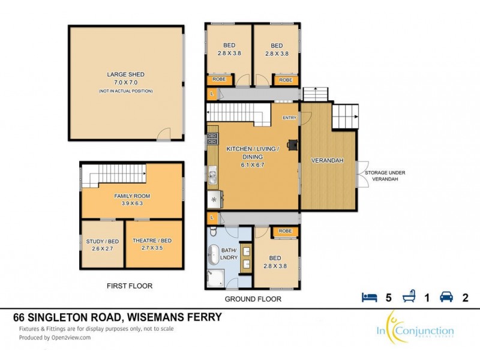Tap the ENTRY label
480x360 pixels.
(x=289, y=118)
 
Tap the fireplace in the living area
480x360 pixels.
(x=292, y=144)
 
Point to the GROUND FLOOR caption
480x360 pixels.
(x=253, y=299)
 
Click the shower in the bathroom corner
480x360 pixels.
(x=215, y=277)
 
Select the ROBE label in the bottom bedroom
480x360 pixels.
(x=285, y=231)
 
